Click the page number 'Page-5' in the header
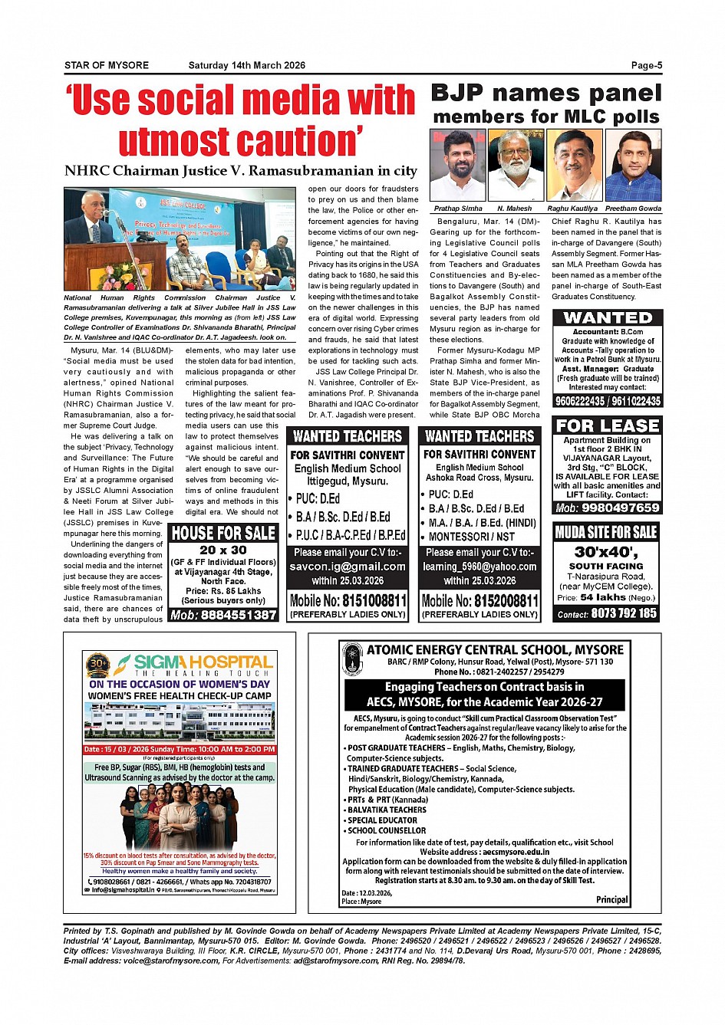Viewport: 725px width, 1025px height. [x=646, y=65]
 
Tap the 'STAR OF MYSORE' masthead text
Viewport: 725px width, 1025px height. [x=107, y=65]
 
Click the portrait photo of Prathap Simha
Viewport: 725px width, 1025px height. [x=458, y=165]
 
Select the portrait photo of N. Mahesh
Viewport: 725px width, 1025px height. [x=516, y=165]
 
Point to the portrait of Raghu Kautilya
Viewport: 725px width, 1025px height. [x=575, y=165]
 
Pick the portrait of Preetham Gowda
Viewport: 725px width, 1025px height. [x=633, y=165]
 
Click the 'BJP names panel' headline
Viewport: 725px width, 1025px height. [x=545, y=94]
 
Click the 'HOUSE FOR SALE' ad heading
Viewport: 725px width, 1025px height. [x=223, y=533]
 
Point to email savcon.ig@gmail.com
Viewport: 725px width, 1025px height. [x=348, y=567]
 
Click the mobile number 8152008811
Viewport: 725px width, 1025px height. [x=479, y=600]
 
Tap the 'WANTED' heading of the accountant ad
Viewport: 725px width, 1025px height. [x=608, y=317]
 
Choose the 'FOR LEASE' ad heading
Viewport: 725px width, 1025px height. [x=608, y=425]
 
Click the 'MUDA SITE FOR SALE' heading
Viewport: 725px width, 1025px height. [x=606, y=532]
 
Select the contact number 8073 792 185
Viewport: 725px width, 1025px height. [x=624, y=613]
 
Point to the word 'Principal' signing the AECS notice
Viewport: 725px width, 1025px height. [x=611, y=900]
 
